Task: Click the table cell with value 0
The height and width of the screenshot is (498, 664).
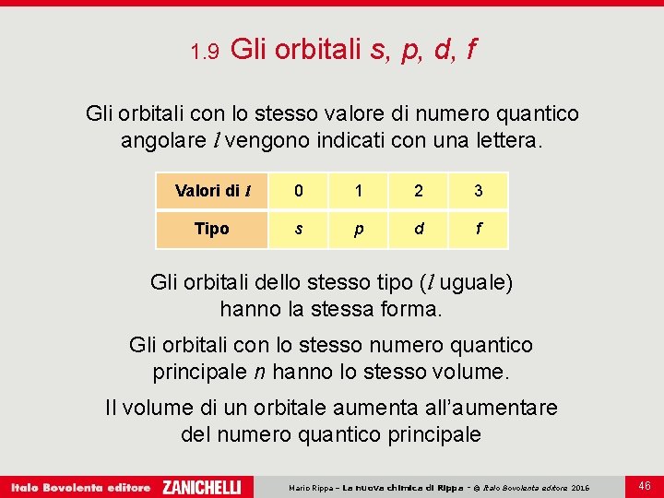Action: point(298,191)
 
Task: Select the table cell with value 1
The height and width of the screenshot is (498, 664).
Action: point(358,191)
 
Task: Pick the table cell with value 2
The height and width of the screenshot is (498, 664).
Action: point(419,191)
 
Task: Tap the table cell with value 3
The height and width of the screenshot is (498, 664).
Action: point(478,191)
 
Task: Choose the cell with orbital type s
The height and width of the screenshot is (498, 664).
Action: point(298,229)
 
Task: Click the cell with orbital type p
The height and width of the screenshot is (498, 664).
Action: point(358,229)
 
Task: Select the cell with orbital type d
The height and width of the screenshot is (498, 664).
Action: point(419,229)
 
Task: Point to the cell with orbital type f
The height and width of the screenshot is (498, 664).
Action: point(478,229)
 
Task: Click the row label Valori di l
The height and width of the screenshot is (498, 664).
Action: point(212,191)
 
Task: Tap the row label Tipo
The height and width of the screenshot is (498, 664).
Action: point(212,229)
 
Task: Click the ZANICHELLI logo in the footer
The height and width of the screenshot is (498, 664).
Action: point(202,486)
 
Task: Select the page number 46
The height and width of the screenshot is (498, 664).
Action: point(644,485)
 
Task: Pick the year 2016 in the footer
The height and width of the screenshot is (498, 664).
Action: point(580,487)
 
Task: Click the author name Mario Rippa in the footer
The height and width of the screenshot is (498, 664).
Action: point(311,487)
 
